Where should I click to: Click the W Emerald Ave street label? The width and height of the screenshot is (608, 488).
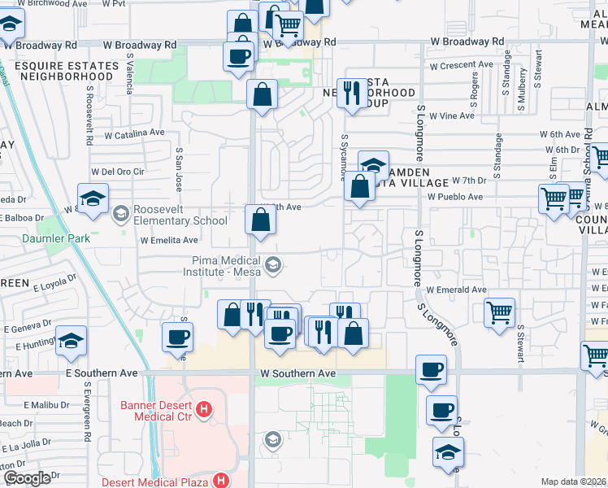click(x=458, y=290)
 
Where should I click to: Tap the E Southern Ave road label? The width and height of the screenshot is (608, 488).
click(x=102, y=373)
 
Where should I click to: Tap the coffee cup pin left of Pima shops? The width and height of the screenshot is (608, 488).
click(x=177, y=337)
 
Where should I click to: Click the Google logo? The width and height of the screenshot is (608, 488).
click(x=26, y=478)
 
